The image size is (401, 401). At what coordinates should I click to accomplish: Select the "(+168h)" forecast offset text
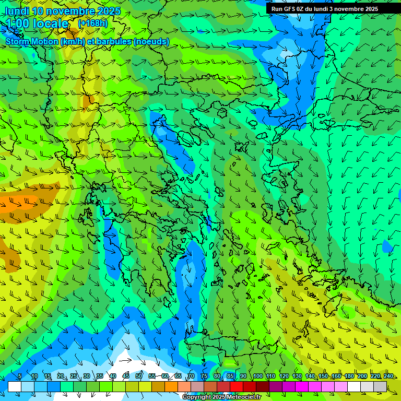(x=92, y=23)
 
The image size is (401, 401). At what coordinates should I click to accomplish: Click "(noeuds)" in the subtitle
(x=151, y=41)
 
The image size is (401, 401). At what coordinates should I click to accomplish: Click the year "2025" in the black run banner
(x=368, y=9)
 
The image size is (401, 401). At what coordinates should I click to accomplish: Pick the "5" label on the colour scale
(x=20, y=376)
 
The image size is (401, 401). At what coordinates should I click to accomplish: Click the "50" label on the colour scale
(x=139, y=376)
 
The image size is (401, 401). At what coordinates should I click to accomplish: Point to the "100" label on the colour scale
(x=258, y=376)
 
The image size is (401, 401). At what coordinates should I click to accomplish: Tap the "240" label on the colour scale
(x=388, y=376)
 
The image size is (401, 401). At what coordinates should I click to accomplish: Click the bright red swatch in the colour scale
(x=237, y=386)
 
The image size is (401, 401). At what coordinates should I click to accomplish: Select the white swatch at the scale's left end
(x=15, y=386)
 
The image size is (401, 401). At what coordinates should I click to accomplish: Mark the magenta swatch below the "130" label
(x=302, y=386)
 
